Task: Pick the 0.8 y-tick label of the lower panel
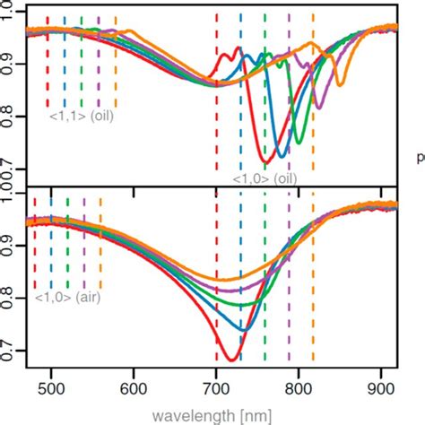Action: [x=10, y=289]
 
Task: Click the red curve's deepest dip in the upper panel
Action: [x=265, y=161]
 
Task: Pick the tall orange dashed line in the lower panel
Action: [x=313, y=269]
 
